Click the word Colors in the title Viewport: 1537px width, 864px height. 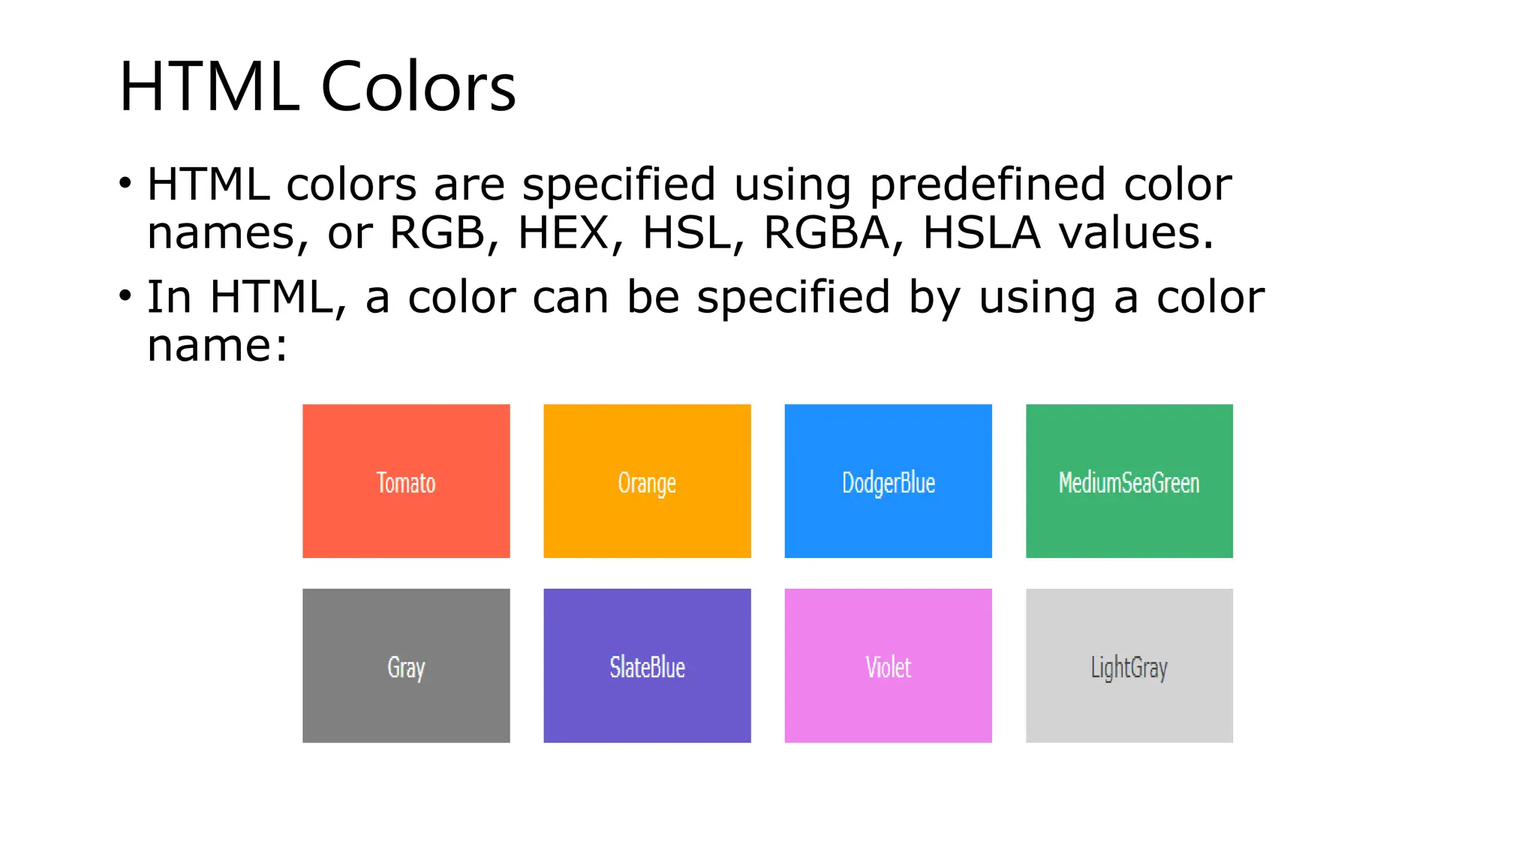[418, 87]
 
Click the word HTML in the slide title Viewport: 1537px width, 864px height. [209, 87]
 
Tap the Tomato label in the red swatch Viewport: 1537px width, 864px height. [406, 483]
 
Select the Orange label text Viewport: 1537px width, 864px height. [647, 483]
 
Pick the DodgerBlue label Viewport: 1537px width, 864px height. [889, 483]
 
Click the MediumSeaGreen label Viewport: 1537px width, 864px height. [1129, 483]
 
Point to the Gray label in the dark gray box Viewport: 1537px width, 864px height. [406, 667]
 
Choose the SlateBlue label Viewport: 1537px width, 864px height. [647, 667]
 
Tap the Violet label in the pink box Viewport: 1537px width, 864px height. [889, 667]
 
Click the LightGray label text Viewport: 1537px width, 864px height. [1129, 667]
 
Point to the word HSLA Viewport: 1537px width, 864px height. [982, 232]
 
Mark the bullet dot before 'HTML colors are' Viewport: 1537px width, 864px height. [125, 183]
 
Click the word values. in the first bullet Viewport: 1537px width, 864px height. [1136, 232]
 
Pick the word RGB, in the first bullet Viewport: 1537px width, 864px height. [444, 232]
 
